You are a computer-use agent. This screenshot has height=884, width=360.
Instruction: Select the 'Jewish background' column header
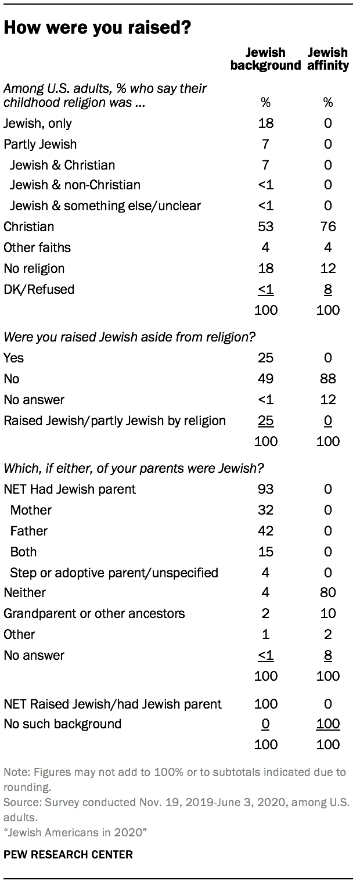265,59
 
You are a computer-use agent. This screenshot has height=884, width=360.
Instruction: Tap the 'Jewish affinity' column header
329,59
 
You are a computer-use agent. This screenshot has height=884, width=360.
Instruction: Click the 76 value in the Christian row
328,227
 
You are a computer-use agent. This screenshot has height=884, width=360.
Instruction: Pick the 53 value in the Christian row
266,227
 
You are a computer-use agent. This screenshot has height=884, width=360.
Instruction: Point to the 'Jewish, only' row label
38,123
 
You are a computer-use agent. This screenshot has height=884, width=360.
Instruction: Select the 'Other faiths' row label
37,247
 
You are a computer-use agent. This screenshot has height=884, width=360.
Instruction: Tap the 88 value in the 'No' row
328,379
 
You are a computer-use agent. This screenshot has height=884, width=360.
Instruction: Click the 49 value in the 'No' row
266,379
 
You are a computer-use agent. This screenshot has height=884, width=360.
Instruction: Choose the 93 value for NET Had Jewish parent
266,489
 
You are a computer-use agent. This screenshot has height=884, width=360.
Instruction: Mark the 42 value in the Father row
266,531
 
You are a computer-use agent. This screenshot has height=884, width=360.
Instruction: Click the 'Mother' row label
31,510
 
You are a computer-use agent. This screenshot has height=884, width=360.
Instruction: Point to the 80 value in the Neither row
328,592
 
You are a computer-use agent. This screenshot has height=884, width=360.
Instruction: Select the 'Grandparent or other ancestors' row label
94,613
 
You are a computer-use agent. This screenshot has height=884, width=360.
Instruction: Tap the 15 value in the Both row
266,552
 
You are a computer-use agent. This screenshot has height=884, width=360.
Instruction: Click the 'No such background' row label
62,724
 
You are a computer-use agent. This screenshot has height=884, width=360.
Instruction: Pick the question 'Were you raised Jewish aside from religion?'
131,336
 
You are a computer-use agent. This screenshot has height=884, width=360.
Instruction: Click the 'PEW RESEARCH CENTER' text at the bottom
68,854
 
